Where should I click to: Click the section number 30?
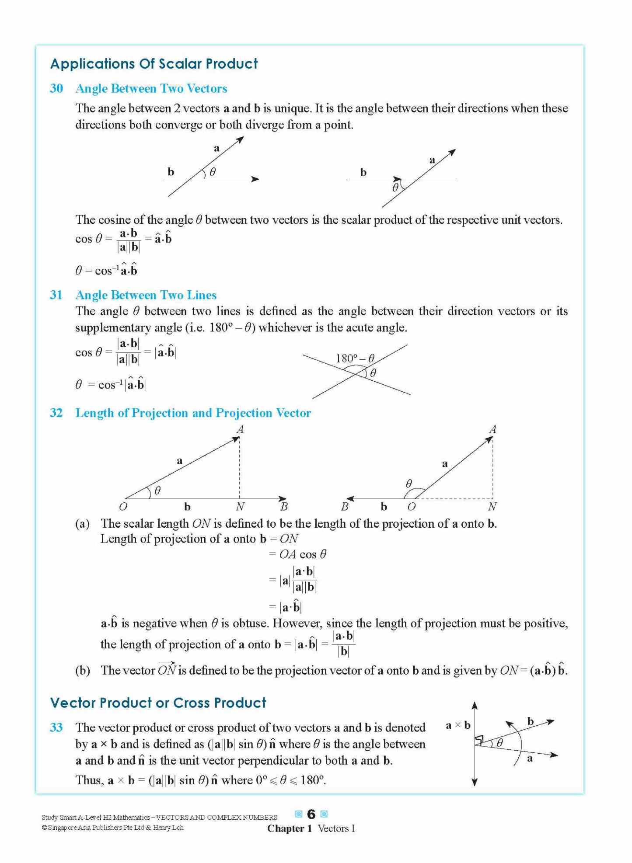click(56, 88)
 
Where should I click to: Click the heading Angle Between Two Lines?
click(146, 295)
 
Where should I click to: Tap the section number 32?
click(56, 413)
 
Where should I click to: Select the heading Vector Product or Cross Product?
click(158, 703)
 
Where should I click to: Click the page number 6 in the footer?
click(311, 814)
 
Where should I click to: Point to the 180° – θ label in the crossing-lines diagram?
click(355, 358)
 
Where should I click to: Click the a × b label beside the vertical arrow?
click(457, 725)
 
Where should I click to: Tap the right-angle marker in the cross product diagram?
click(479, 740)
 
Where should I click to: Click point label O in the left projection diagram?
click(123, 507)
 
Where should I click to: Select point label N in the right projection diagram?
click(492, 507)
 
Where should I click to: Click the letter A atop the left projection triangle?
click(240, 429)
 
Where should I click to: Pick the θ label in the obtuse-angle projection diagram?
click(409, 484)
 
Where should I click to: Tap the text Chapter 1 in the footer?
click(289, 828)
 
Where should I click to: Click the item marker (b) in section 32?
click(82, 670)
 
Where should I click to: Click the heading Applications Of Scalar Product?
click(154, 64)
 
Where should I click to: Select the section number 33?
click(56, 727)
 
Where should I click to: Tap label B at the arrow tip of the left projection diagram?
click(284, 507)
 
